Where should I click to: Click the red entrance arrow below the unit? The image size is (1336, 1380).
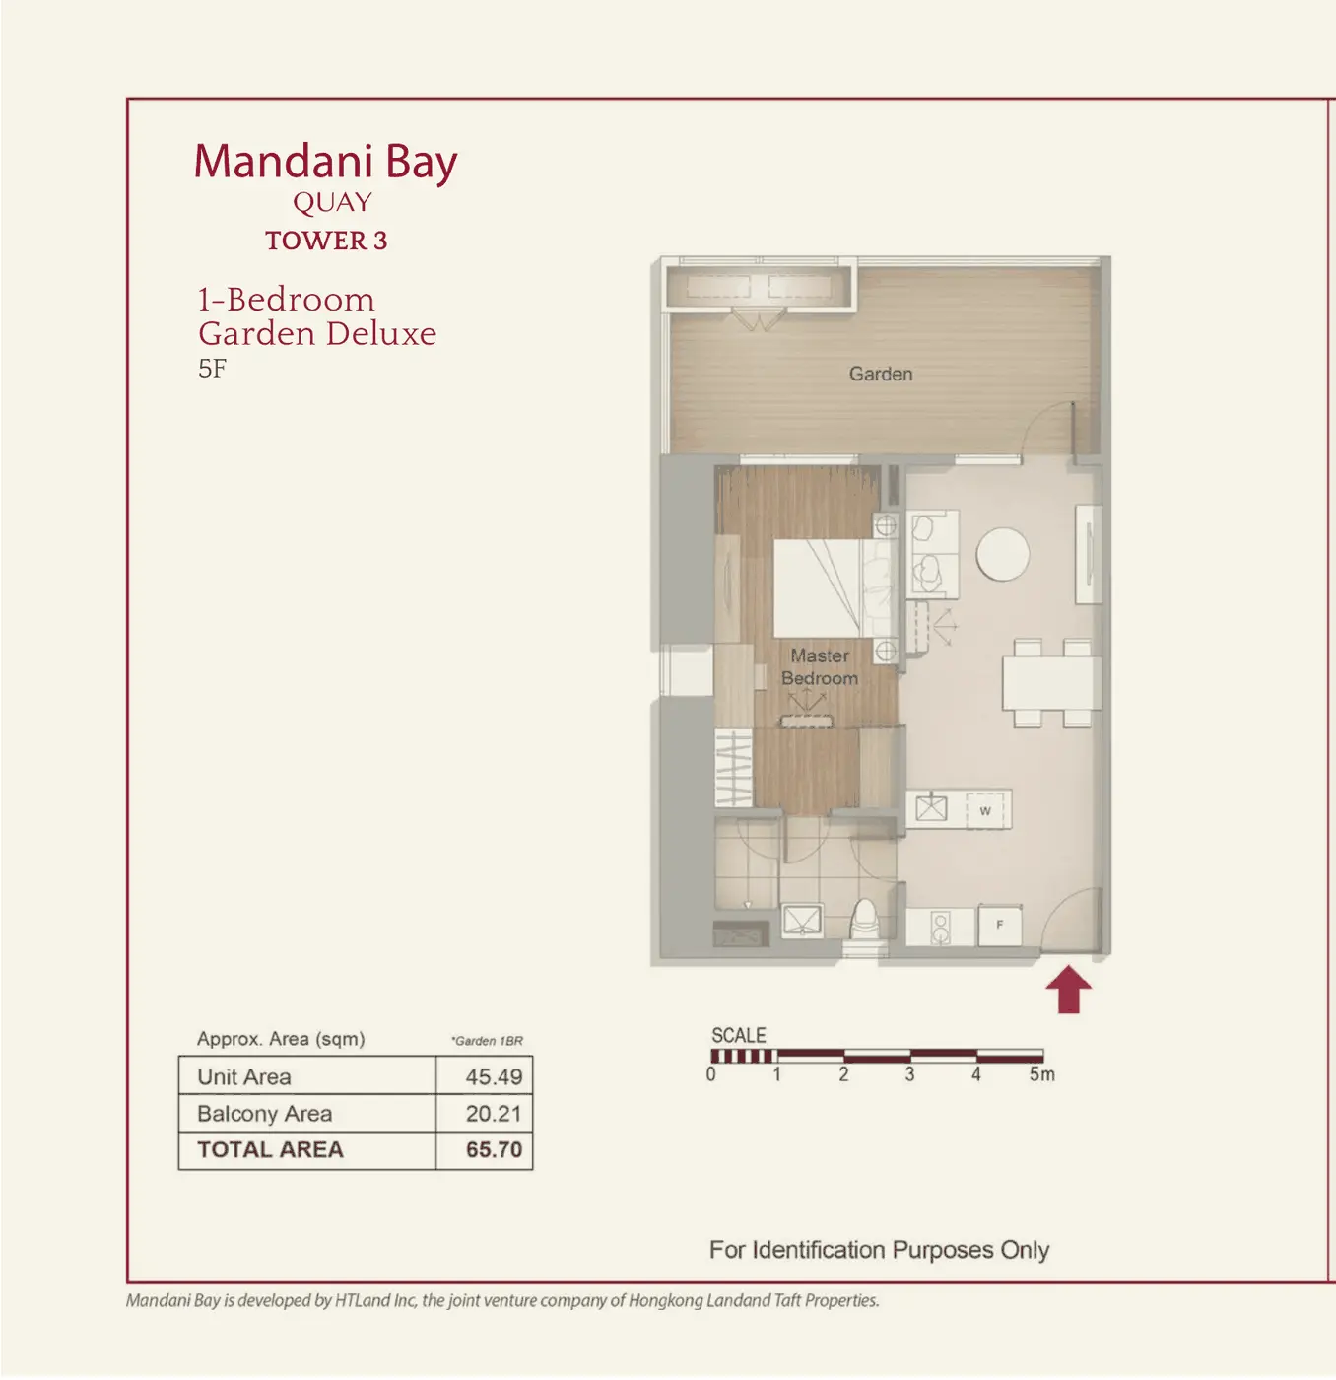pos(1069,990)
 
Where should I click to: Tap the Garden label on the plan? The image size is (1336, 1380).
pos(880,374)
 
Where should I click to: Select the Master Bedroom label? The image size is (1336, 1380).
pos(820,666)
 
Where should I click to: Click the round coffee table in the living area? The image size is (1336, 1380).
pos(1003,554)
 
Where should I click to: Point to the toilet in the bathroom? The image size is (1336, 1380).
pos(864,919)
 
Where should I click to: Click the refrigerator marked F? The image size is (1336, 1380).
pos(1000,925)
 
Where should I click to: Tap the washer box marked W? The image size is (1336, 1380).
pos(985,810)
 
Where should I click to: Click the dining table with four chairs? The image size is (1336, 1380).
pos(1051,683)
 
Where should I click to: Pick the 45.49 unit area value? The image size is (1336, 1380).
pos(494,1076)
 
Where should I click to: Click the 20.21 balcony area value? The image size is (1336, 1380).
pos(494,1113)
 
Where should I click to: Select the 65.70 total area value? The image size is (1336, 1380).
pos(494,1149)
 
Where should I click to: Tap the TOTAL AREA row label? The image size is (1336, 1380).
pos(270,1149)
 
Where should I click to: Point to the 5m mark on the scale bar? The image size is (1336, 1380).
pos(1041,1074)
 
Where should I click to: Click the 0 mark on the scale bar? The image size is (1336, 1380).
pos(711,1074)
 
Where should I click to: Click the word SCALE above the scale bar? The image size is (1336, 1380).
pos(739,1035)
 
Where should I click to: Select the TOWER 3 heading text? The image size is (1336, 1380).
pos(327,241)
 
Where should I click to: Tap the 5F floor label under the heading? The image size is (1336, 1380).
pos(212,369)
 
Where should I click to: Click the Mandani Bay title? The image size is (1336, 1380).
pos(326,163)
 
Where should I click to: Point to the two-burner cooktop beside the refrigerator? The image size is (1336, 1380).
pos(941,927)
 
